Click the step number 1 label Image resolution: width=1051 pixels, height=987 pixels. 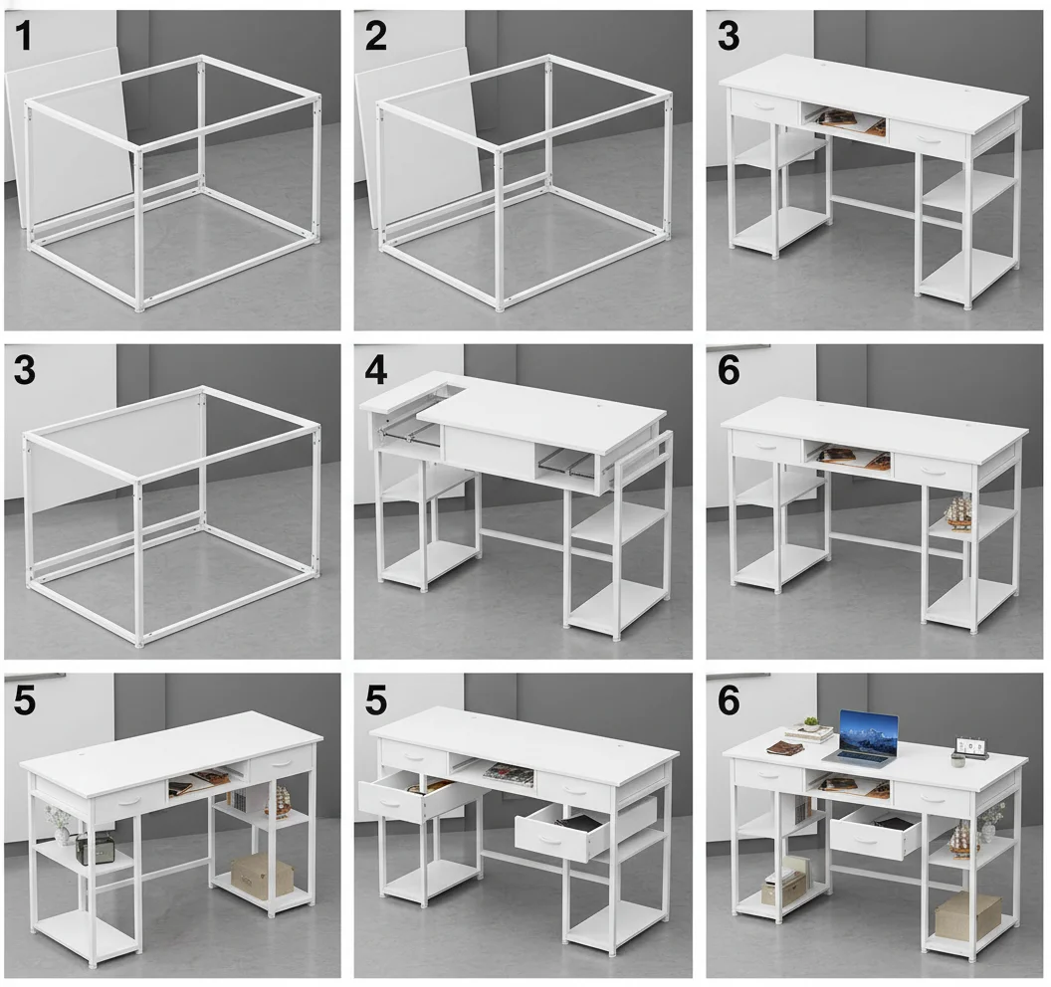pyautogui.click(x=23, y=37)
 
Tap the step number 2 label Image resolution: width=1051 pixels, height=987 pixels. pyautogui.click(x=375, y=37)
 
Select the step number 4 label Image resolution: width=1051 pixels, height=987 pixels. pyautogui.click(x=375, y=370)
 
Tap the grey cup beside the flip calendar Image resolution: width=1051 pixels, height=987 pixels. pyautogui.click(x=957, y=760)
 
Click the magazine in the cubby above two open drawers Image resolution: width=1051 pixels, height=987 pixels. pyautogui.click(x=509, y=770)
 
